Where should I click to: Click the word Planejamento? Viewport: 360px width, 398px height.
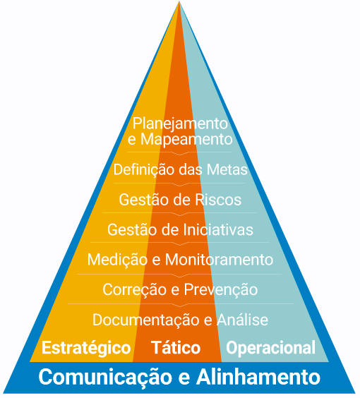point(180,124)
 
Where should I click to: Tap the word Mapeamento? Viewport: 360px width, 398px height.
point(186,139)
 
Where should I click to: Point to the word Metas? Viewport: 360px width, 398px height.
point(227,169)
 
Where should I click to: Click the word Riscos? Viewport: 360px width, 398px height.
point(218,200)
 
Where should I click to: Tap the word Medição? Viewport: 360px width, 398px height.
point(117,260)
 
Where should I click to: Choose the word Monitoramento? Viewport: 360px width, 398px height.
point(219,260)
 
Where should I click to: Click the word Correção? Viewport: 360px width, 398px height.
point(134,290)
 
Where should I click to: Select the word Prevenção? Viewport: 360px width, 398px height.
point(221,290)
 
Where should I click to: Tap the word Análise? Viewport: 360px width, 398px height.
point(242,319)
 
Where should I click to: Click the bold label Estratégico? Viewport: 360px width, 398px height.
point(86,348)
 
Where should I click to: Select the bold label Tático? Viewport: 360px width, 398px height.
point(176,347)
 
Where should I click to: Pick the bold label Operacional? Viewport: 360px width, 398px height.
point(270,348)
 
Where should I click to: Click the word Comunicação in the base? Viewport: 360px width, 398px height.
point(105,378)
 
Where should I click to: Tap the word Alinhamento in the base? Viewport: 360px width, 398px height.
point(258,377)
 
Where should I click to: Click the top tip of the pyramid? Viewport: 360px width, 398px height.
point(179,1)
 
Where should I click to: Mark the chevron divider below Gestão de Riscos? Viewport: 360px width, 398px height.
point(180,214)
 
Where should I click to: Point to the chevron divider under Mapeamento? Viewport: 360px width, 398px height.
point(180,153)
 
